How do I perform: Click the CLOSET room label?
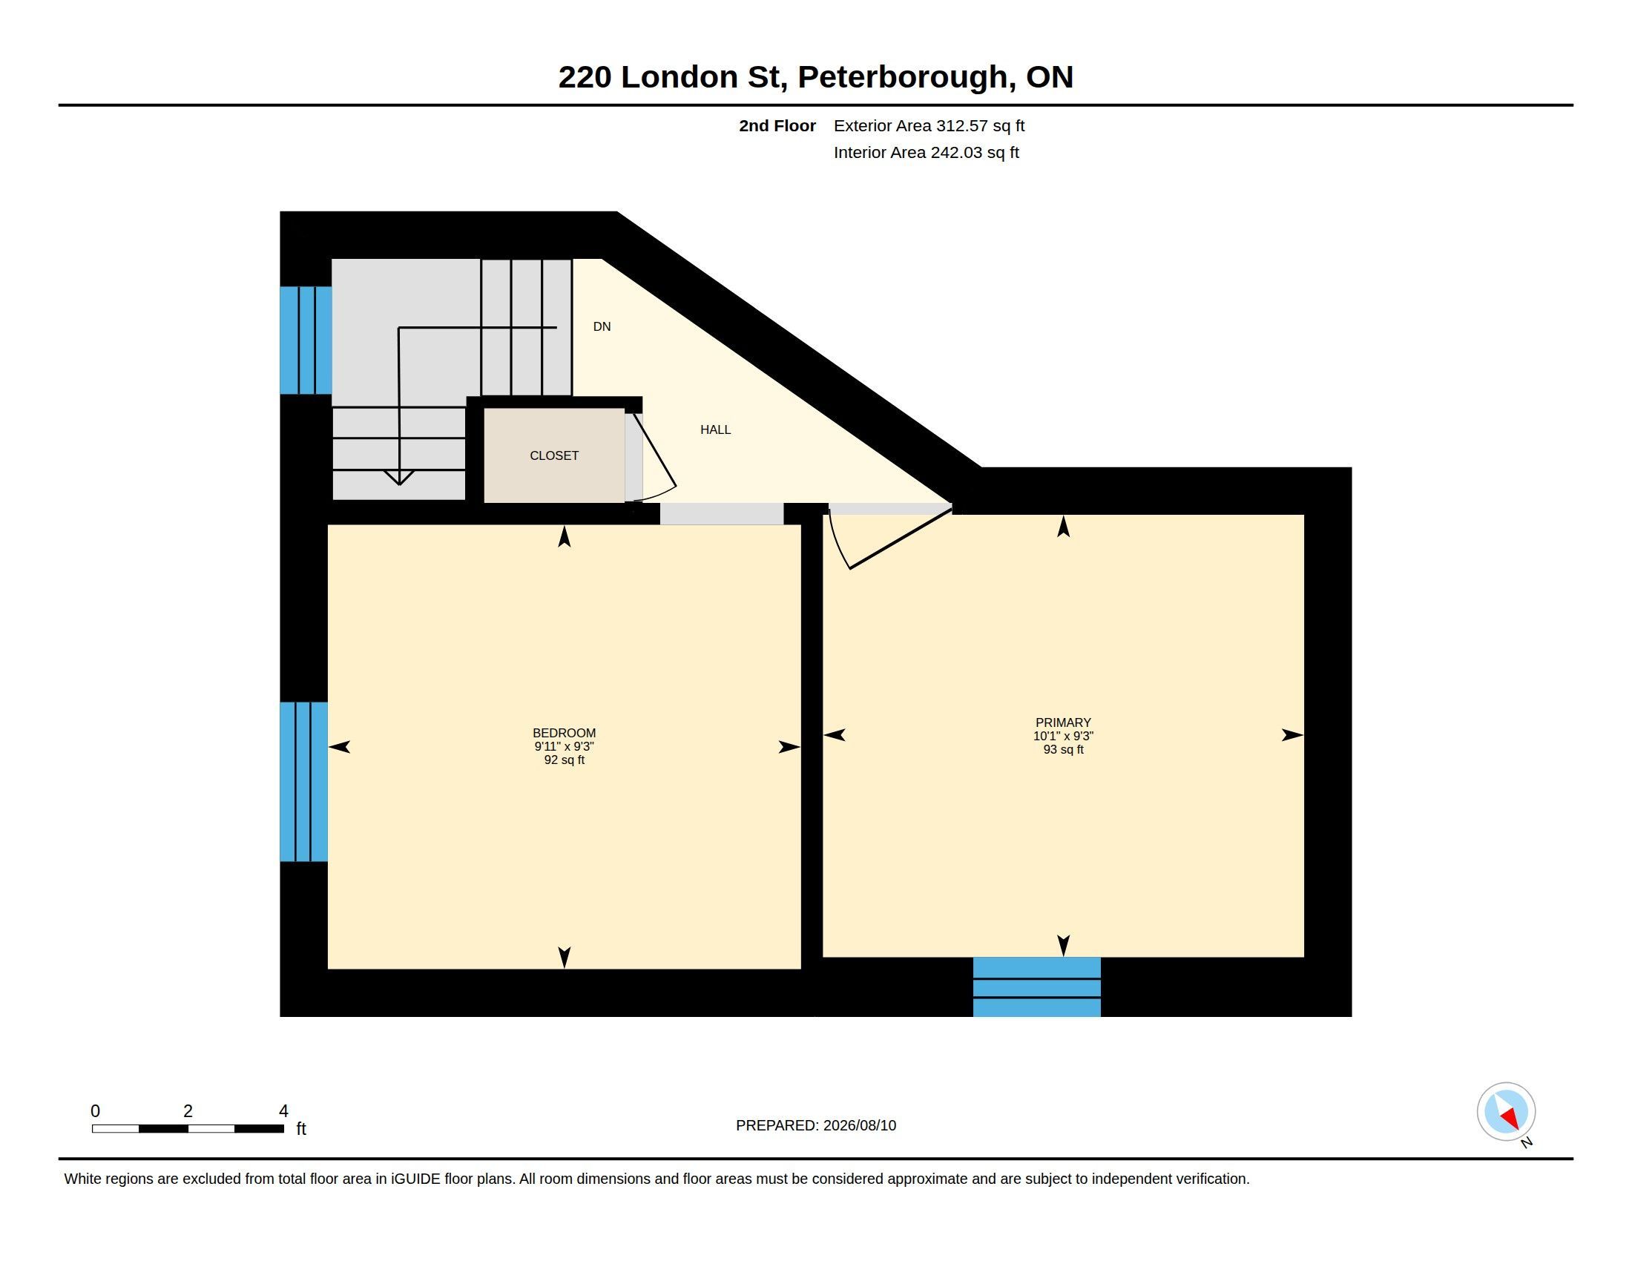(553, 455)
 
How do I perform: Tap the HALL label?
(715, 429)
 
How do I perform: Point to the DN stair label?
(602, 326)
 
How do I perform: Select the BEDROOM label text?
(565, 733)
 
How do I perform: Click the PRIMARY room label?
(1063, 722)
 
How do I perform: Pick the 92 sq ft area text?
(565, 760)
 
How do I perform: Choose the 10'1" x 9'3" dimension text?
(1063, 736)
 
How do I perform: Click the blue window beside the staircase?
(306, 340)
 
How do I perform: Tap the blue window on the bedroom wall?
(303, 781)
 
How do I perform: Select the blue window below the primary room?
(1036, 987)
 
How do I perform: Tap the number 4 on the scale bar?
(283, 1111)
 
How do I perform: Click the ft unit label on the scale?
(301, 1128)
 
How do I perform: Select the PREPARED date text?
(816, 1125)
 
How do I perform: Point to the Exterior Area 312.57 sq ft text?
(929, 125)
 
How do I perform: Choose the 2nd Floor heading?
(777, 125)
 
